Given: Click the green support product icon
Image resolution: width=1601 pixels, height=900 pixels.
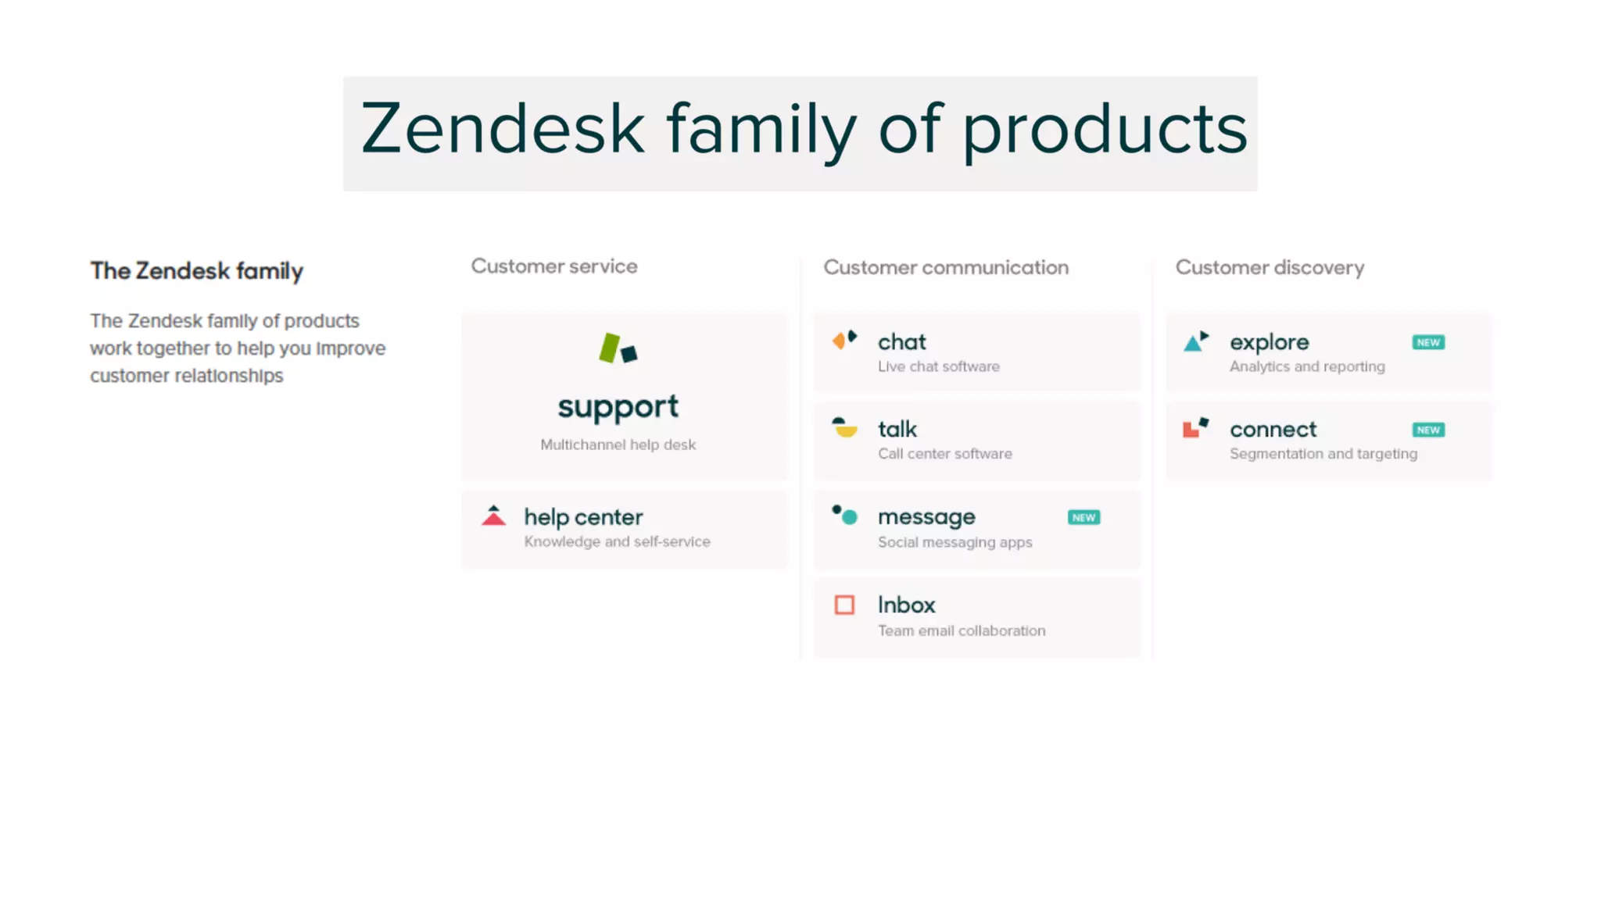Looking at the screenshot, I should tap(618, 348).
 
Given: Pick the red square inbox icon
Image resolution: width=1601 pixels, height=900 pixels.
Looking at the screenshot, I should tap(844, 605).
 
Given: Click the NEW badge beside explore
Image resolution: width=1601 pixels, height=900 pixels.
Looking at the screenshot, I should tap(1428, 342).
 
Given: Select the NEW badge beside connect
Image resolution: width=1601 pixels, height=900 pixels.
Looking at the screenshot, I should tap(1428, 430).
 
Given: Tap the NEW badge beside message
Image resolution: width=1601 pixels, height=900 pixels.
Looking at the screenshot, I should tap(1083, 517).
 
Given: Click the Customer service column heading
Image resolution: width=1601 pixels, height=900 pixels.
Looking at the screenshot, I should tap(553, 266).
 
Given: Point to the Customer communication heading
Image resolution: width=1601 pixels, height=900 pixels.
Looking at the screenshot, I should tap(946, 267).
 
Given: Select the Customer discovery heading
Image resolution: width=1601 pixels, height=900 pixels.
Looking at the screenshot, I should tap(1270, 267).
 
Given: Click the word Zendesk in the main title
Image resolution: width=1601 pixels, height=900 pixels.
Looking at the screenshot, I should tap(502, 129).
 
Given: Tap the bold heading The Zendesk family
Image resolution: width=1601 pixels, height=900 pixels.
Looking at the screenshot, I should tap(196, 271).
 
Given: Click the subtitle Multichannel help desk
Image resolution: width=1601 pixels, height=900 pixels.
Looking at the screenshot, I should tap(618, 445).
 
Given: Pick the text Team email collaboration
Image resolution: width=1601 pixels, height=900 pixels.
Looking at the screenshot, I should tap(961, 630).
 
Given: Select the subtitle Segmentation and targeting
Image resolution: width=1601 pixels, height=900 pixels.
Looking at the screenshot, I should tap(1323, 454).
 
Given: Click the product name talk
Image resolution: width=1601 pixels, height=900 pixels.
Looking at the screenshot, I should tap(897, 429).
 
